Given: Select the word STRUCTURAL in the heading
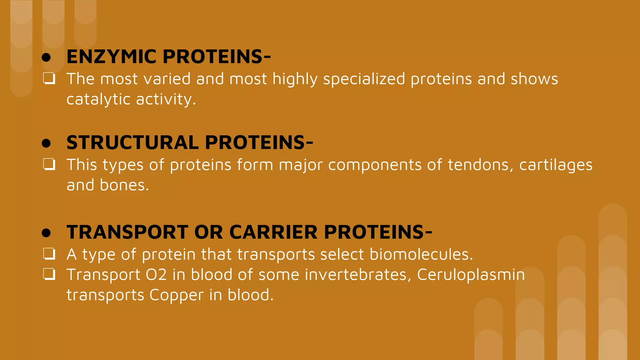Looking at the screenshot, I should [132, 142].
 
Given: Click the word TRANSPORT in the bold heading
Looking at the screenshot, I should [127, 232].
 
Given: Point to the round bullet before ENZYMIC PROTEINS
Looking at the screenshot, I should [46, 57].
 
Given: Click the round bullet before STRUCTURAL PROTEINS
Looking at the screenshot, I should [46, 143].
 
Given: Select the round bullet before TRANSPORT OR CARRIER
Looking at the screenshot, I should [46, 233].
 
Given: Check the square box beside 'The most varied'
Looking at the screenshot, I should [49, 79].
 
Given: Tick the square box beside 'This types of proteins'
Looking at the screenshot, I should [49, 164].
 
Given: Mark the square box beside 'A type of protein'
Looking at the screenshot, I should [49, 254].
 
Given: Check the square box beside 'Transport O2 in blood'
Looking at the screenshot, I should [49, 274].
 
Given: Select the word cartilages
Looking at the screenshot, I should [556, 165].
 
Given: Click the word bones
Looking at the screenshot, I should [124, 185].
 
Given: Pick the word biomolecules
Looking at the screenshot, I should [421, 254].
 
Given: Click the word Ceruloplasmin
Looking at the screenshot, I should [471, 275].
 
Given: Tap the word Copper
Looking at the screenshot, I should [176, 295].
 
